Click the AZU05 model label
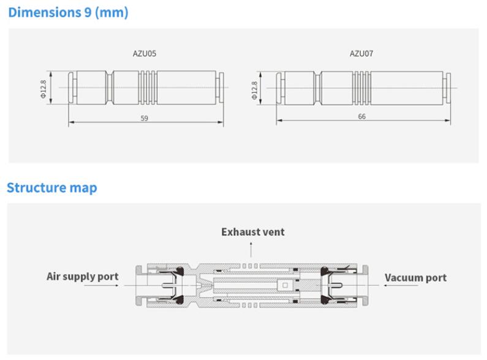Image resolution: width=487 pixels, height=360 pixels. pyautogui.click(x=145, y=53)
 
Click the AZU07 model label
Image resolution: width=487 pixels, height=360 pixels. pyautogui.click(x=361, y=53)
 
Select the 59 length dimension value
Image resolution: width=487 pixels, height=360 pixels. pyautogui.click(x=145, y=118)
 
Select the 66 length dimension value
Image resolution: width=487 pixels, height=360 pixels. pyautogui.click(x=362, y=116)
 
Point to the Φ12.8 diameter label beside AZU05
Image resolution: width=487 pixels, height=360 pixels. pyautogui.click(x=43, y=88)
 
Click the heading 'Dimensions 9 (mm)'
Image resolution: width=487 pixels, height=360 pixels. pyautogui.click(x=68, y=12)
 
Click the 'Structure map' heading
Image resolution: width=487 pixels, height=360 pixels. pyautogui.click(x=52, y=187)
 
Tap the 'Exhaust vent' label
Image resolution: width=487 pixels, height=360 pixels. pyautogui.click(x=253, y=232)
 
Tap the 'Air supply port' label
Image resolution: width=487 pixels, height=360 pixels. pyautogui.click(x=83, y=276)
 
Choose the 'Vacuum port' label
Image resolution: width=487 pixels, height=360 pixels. pyautogui.click(x=415, y=277)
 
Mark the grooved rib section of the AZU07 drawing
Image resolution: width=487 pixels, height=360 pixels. pyautogui.click(x=361, y=88)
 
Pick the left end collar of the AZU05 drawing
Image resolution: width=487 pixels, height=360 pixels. pyautogui.click(x=71, y=88)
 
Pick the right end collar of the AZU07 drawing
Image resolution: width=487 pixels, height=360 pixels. pyautogui.click(x=448, y=88)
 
